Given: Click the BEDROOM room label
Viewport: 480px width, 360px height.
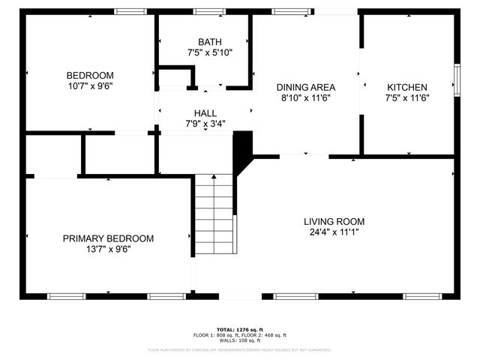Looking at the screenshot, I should click(90, 75).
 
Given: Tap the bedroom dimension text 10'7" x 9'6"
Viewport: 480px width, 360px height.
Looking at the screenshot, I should click(90, 85).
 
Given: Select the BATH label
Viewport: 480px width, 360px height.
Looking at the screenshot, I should click(210, 42).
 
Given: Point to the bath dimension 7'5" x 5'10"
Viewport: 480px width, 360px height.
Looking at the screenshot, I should click(210, 52).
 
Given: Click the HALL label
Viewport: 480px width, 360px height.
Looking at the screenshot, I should click(205, 113).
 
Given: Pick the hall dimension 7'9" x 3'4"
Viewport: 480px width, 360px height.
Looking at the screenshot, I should click(205, 124).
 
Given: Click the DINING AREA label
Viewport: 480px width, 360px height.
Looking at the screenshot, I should click(305, 87).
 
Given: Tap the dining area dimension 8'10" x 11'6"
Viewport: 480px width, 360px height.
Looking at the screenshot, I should click(305, 97).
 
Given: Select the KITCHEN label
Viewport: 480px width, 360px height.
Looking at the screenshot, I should click(406, 87).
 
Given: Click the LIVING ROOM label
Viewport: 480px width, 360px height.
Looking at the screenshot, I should click(334, 221).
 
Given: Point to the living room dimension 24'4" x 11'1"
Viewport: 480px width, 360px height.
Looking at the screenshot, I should click(334, 232).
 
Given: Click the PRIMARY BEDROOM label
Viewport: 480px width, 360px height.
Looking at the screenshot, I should click(108, 238).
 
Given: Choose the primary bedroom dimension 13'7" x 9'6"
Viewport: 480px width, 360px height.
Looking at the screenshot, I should click(108, 249).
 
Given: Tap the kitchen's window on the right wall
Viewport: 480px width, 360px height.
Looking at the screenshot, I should click(457, 79).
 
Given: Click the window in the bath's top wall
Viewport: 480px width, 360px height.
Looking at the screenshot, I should click(208, 11).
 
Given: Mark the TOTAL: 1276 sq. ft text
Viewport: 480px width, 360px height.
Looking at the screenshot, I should click(240, 329).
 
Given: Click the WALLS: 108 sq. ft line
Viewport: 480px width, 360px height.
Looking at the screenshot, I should click(240, 340).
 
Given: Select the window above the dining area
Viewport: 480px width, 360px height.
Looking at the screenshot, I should click(283, 11).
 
